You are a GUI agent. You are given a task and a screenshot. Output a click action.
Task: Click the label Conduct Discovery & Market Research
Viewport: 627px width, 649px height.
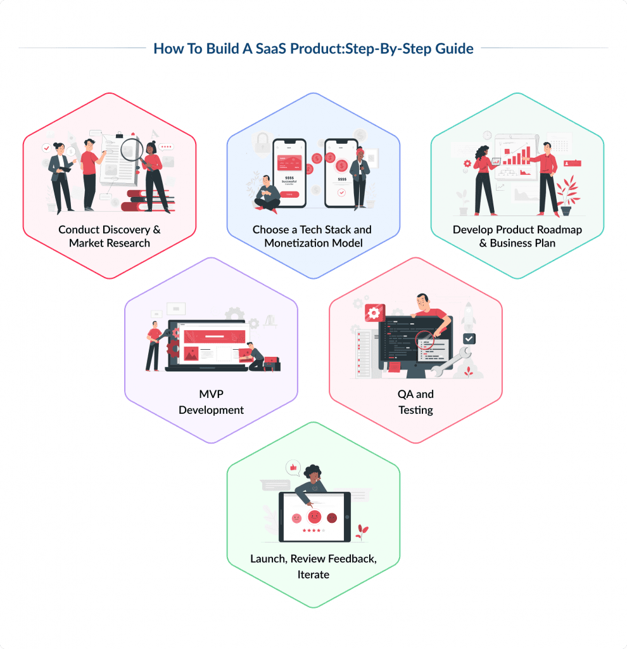pos(110,236)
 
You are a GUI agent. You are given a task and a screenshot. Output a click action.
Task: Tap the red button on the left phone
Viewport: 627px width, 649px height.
pos(288,194)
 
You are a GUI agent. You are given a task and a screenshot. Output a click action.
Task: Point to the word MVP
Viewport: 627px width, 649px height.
pos(211,394)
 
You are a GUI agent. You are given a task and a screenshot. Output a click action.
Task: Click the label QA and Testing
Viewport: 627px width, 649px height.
pos(415,401)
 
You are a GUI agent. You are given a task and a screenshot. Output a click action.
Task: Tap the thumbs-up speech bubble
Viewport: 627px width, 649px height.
pos(293,468)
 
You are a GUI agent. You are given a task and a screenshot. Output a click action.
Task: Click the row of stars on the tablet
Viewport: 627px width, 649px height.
pos(313,530)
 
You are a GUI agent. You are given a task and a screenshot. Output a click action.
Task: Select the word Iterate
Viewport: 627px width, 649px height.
pos(313,574)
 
